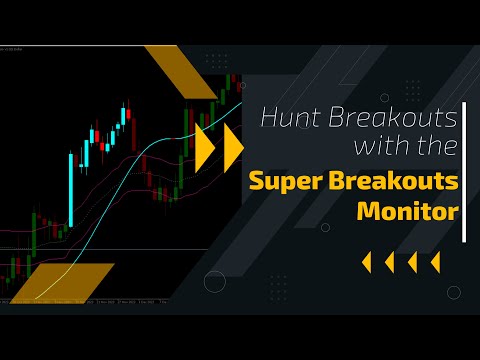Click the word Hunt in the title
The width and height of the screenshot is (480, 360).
(x=288, y=119)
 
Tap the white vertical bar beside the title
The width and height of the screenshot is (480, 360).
(x=465, y=165)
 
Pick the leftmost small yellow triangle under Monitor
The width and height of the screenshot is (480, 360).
(x=365, y=262)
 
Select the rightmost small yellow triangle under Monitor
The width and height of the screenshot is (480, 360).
(x=435, y=262)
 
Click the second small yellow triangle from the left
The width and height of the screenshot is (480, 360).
(x=389, y=262)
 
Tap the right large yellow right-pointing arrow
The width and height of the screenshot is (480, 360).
(x=233, y=147)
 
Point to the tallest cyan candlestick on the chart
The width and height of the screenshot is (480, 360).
(x=71, y=189)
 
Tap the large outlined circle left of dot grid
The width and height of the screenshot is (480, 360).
(x=215, y=282)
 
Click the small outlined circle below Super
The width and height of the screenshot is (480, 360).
(x=325, y=227)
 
